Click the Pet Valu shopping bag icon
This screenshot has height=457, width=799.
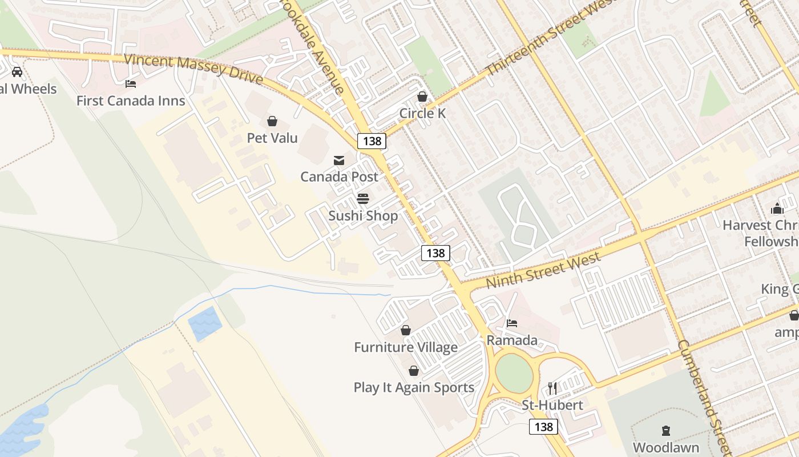(x=272, y=121)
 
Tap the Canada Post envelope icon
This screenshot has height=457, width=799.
(x=339, y=160)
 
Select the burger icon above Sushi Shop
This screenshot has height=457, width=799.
(x=363, y=199)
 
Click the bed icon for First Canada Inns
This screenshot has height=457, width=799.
(x=131, y=84)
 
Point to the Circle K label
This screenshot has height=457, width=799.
(x=422, y=113)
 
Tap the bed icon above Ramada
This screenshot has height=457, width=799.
(x=512, y=323)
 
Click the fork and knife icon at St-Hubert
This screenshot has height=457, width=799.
(x=552, y=388)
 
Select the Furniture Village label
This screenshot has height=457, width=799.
(x=406, y=347)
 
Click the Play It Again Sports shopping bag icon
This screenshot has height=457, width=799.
(x=414, y=371)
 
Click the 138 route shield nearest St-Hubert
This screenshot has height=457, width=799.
(x=543, y=427)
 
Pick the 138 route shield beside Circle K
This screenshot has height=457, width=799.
(x=372, y=141)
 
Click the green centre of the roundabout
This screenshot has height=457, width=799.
(x=514, y=374)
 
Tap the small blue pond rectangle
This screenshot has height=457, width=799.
(x=205, y=323)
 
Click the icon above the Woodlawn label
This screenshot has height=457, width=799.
(x=665, y=431)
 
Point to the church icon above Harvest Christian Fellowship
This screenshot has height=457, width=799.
(x=777, y=209)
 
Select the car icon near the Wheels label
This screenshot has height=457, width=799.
(x=17, y=72)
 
